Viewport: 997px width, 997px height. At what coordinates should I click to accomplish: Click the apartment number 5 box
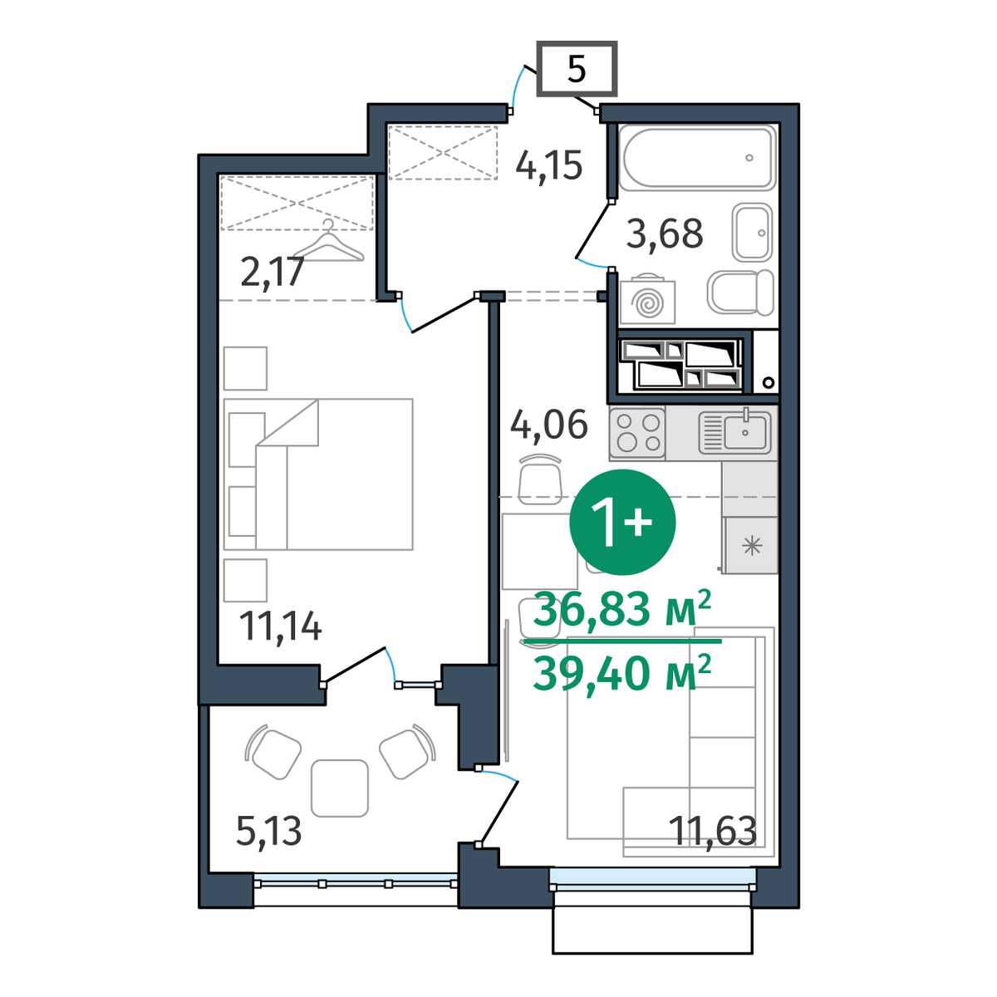[577, 68]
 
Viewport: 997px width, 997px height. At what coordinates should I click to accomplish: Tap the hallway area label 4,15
[549, 166]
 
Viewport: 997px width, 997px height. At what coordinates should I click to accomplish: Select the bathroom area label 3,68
[665, 233]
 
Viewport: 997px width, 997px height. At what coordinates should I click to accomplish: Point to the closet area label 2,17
[273, 273]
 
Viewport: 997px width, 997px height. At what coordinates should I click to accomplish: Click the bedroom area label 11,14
[280, 626]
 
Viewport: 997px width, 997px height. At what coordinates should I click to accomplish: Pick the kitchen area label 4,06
[549, 424]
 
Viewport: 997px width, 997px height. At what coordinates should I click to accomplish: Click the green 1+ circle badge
[622, 522]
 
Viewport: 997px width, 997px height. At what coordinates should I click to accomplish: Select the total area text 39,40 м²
[622, 673]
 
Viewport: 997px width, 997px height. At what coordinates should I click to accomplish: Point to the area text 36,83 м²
[622, 608]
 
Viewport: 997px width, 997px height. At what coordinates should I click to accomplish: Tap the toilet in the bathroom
[740, 292]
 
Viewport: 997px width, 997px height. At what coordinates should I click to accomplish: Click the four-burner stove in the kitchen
[637, 433]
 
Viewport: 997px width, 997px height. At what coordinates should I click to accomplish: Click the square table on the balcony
[340, 788]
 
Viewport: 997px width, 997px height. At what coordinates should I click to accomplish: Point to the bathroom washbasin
[752, 233]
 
